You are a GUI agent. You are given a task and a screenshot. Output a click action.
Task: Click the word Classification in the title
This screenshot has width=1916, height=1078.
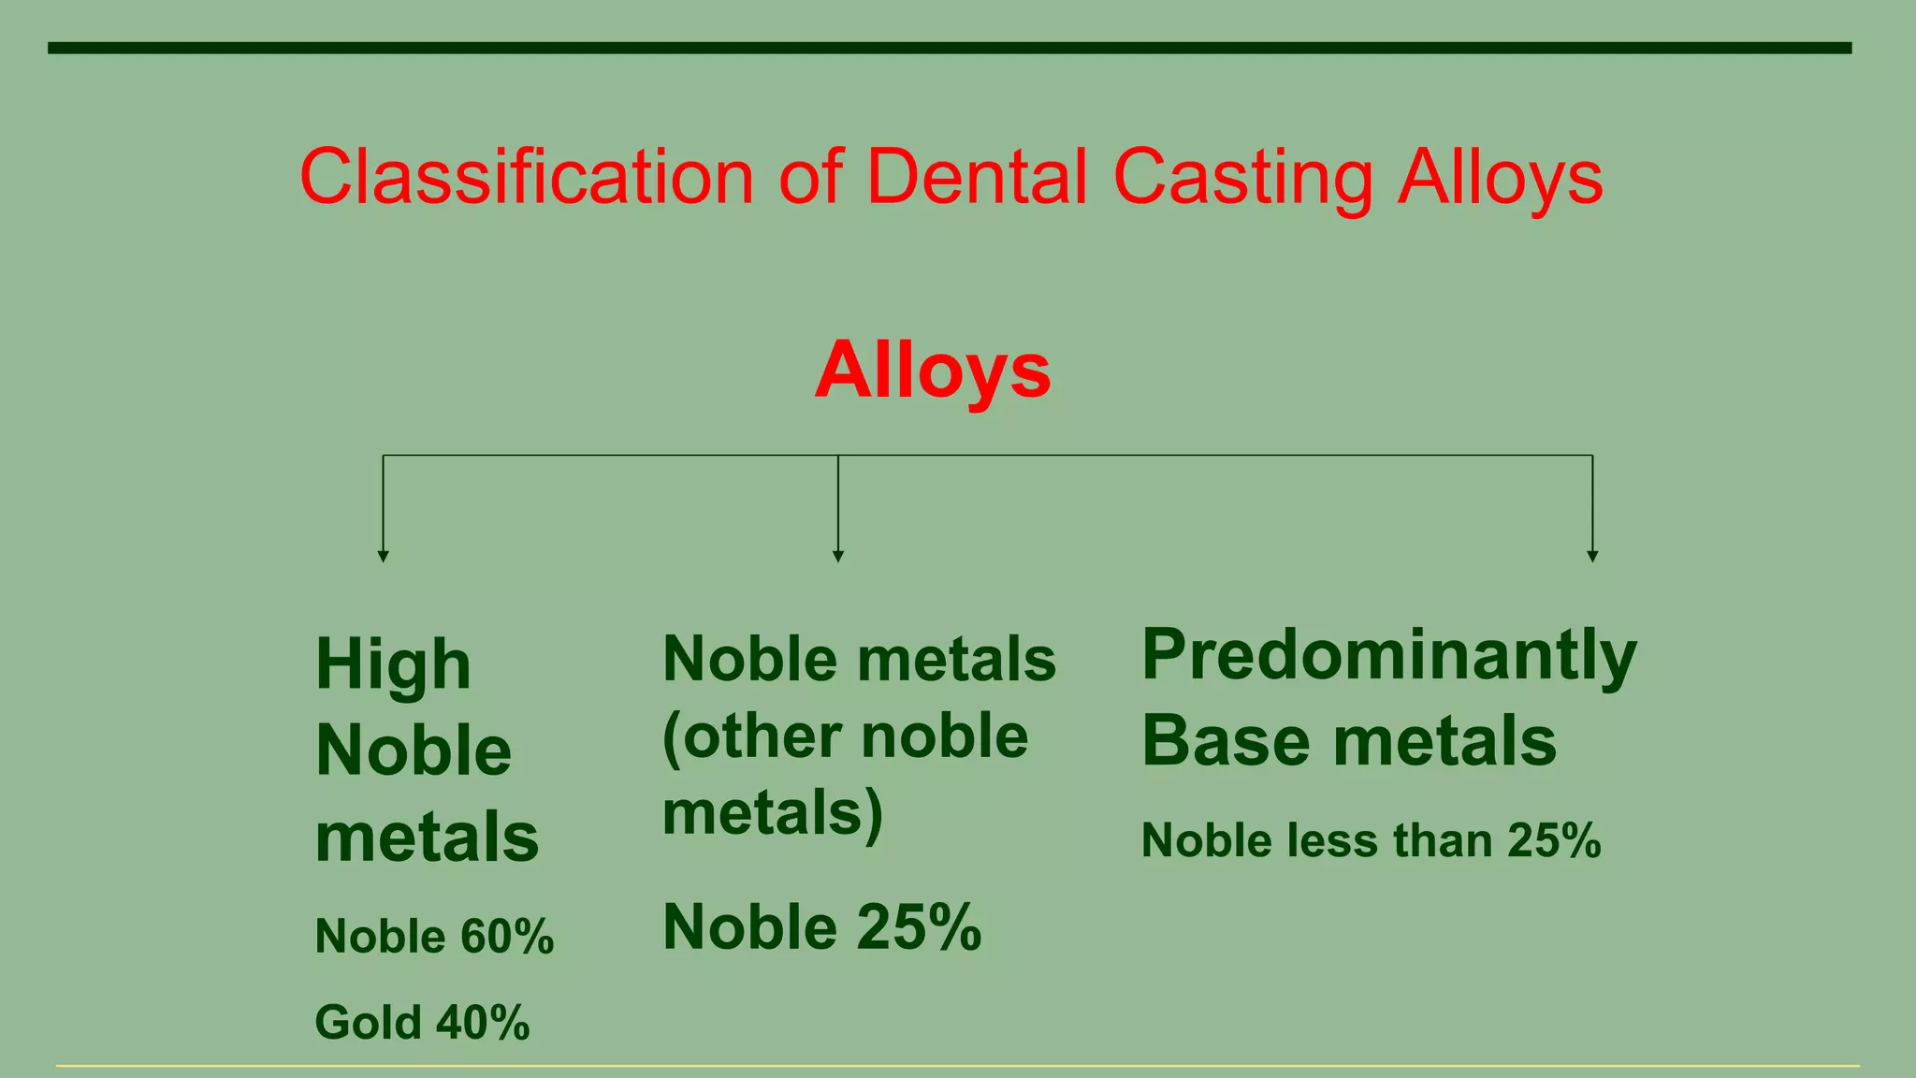pyautogui.click(x=526, y=178)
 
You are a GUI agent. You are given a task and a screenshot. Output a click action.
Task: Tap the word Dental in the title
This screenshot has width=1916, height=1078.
pyautogui.click(x=977, y=178)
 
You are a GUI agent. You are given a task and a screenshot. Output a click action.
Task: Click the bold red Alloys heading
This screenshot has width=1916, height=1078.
pyautogui.click(x=933, y=371)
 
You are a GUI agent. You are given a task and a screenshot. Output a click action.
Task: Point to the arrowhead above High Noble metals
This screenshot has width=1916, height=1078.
pyautogui.click(x=383, y=556)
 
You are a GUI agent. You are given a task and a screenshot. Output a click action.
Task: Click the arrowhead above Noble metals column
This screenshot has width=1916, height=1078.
pyautogui.click(x=838, y=556)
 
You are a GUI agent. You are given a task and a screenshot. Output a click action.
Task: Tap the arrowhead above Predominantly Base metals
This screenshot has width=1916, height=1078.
pyautogui.click(x=1592, y=556)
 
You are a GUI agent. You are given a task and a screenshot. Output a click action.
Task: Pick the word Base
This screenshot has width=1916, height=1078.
pyautogui.click(x=1226, y=742)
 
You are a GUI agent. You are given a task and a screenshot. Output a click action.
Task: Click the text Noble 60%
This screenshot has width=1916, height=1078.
pyautogui.click(x=434, y=937)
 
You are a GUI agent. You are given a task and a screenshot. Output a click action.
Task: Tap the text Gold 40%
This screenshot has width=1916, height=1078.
pyautogui.click(x=422, y=1022)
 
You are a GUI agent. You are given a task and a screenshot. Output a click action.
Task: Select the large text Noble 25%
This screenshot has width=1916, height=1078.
pyautogui.click(x=821, y=927)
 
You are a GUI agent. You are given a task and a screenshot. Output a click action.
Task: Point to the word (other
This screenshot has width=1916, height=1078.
pyautogui.click(x=750, y=737)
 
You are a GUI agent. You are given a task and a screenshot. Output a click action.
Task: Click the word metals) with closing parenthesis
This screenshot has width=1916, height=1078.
pyautogui.click(x=773, y=812)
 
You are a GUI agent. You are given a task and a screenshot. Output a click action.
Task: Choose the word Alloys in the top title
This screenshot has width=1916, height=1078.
pyautogui.click(x=1500, y=178)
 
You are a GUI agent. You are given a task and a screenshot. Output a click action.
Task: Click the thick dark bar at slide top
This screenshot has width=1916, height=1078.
pyautogui.click(x=949, y=48)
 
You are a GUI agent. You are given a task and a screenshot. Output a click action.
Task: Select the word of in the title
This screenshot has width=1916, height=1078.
pyautogui.click(x=810, y=178)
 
